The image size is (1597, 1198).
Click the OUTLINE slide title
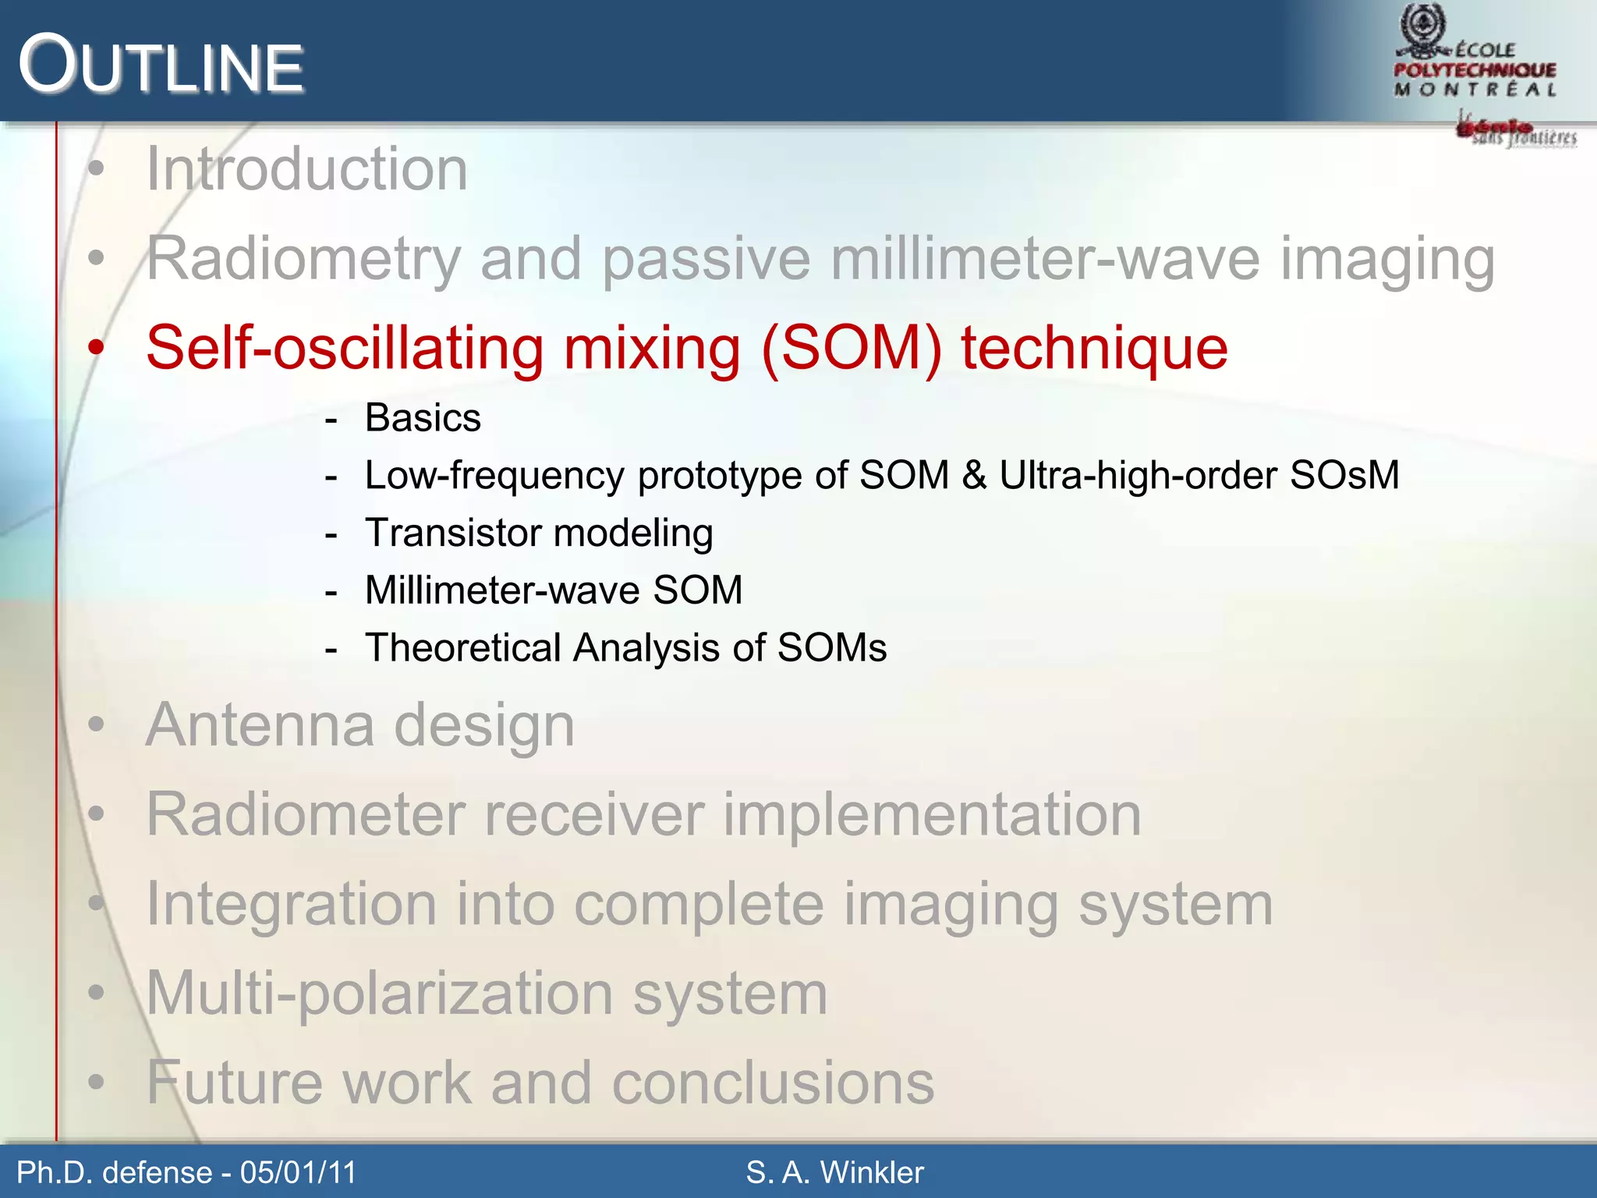pos(161,66)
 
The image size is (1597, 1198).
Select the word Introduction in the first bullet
pos(306,169)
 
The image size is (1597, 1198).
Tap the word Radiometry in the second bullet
pos(304,259)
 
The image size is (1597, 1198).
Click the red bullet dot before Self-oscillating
pos(96,348)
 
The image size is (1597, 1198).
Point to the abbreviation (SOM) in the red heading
pos(852,348)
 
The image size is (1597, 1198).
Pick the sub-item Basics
pos(423,418)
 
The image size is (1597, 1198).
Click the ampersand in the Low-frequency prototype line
pos(974,475)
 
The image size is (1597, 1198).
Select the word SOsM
pos(1344,475)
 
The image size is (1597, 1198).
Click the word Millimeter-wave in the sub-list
pos(502,590)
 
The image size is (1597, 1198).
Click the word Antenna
pos(260,725)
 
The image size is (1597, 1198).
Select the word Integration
pos(291,905)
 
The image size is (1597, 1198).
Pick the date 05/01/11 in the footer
pos(298,1172)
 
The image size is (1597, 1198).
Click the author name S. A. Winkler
pos(834,1172)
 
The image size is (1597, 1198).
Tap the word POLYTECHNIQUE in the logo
pos(1475,70)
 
